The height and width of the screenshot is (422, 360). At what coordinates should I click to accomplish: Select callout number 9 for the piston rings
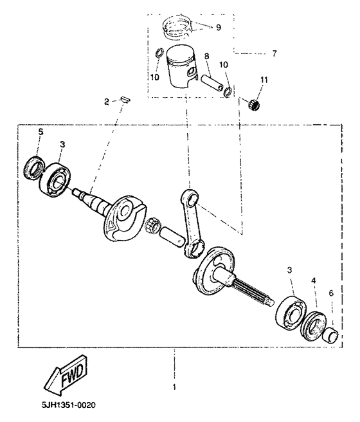point(219,27)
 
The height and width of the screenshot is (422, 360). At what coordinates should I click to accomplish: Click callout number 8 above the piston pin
point(206,57)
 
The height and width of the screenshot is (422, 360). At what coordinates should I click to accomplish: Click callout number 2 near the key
point(107,101)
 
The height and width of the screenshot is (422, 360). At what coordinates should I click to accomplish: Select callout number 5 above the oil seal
point(40,132)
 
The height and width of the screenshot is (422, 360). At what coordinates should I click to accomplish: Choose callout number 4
point(314,280)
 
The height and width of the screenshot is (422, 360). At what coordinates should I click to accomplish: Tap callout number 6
point(331,293)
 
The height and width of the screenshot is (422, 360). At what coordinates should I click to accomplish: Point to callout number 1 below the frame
point(174,387)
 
